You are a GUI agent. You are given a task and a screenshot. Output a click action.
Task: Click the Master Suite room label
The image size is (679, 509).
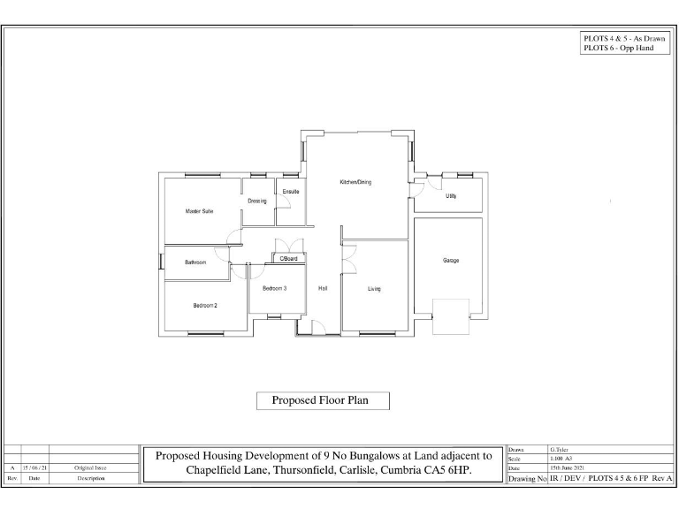coord(199,211)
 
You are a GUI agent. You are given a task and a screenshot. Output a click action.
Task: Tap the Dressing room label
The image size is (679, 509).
coord(256,201)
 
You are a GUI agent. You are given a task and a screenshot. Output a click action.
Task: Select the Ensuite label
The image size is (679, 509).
coord(291,192)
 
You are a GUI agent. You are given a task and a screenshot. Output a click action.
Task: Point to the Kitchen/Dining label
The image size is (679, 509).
coord(355,182)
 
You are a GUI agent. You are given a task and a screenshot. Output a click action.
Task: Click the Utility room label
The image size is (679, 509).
coord(451,195)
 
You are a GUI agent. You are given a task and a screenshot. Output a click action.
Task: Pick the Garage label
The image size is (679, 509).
coord(451,260)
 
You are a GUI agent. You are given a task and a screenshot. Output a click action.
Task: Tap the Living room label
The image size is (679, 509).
coord(374,288)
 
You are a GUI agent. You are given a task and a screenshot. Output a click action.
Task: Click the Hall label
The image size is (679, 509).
coord(323,288)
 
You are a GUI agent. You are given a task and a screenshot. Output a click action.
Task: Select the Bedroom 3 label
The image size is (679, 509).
coord(274,288)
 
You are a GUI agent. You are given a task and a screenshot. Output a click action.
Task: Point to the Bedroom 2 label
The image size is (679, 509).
coord(205,306)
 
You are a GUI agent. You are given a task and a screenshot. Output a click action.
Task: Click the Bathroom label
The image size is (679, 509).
coord(195,262)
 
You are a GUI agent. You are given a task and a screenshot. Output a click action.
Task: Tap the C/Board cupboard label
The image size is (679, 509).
coord(289,258)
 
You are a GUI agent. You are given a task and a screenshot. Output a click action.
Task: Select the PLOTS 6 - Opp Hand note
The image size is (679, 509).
coord(617,48)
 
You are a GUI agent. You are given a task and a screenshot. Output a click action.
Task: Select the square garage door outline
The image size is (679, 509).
coord(450,316)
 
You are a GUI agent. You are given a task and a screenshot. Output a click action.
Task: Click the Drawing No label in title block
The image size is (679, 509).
coord(528,478)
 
